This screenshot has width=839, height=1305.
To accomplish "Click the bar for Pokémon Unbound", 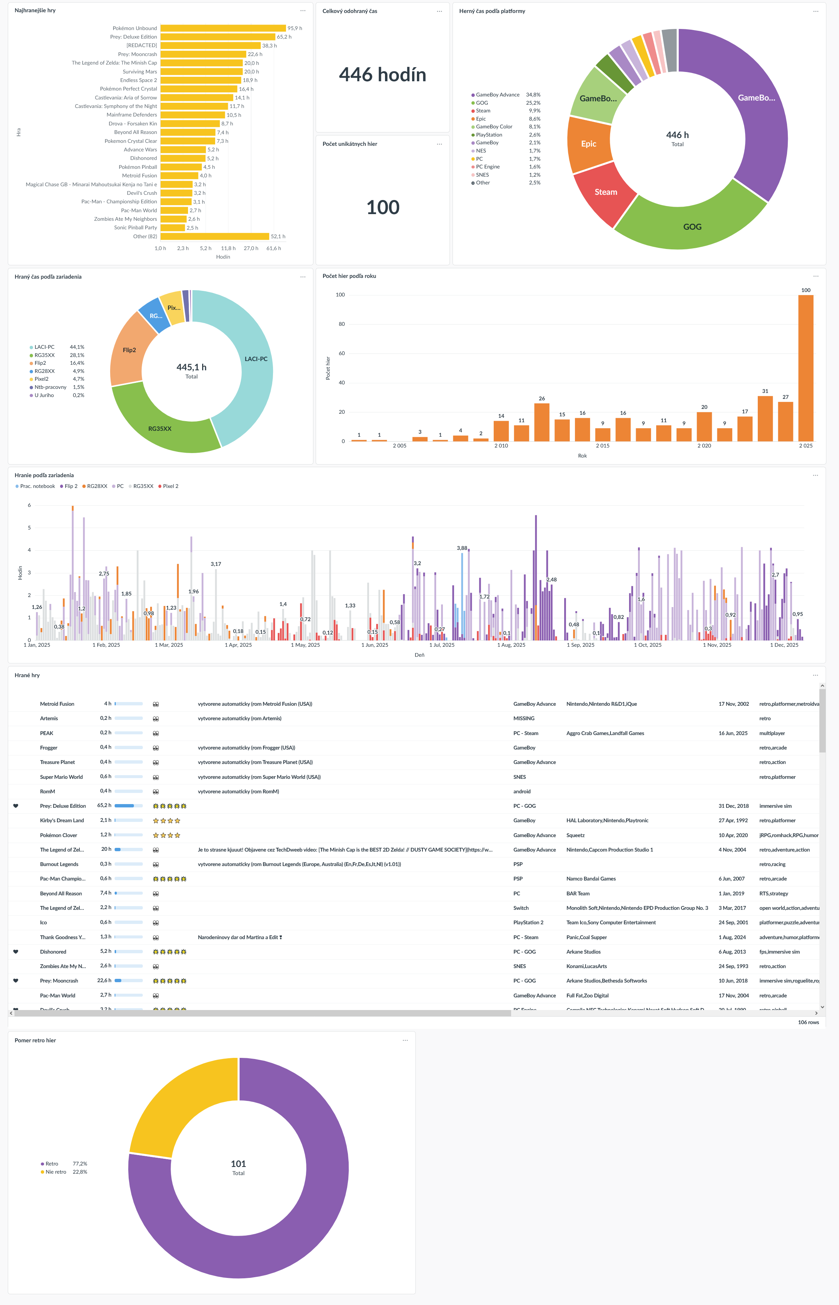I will point(223,28).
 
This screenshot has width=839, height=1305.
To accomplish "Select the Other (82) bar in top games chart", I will point(215,236).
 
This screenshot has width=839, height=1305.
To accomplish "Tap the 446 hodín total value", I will point(382,75).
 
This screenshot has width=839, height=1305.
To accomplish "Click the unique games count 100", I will point(382,207).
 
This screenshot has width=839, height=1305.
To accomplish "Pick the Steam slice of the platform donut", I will point(604,193).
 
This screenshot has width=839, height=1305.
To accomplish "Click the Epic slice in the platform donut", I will point(588,144).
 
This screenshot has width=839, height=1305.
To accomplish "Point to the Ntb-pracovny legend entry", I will point(50,387).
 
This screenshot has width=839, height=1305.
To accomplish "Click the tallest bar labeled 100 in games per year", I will point(805,368).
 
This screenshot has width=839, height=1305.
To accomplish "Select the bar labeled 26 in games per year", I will point(542,422).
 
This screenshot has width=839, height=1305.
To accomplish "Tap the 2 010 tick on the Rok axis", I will point(501,446).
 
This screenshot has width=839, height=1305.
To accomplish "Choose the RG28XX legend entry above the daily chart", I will point(97,486).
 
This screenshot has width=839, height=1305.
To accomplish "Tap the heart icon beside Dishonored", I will point(16,951).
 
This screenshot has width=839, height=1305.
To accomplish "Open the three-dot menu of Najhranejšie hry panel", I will point(303,11).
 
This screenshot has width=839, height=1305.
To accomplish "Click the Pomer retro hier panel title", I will point(35,1040).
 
